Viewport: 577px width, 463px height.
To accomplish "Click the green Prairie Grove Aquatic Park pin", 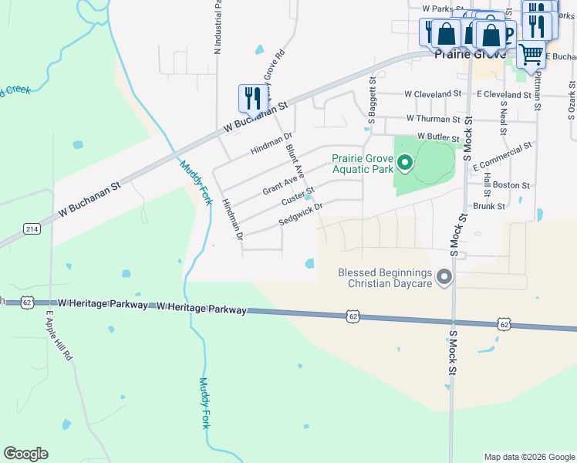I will tap(404, 163).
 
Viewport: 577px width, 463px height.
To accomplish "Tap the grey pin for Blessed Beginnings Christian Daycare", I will tap(444, 276).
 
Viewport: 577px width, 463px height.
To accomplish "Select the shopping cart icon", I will tap(531, 55).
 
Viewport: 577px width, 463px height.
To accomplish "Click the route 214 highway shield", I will tap(32, 228).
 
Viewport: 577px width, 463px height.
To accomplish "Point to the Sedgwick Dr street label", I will tap(299, 214).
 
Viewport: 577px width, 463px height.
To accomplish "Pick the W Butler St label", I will tap(439, 136).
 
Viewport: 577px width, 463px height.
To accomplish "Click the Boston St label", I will tap(511, 185).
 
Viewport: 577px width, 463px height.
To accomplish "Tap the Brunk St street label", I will tap(488, 206).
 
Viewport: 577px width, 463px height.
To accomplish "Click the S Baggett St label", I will tap(372, 100).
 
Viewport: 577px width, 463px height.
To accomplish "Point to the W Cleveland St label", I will tap(433, 93).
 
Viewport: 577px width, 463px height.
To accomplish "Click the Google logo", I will tap(25, 454).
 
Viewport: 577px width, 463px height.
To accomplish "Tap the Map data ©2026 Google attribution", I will tap(528, 457).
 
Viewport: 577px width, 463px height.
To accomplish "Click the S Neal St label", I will tap(504, 117).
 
